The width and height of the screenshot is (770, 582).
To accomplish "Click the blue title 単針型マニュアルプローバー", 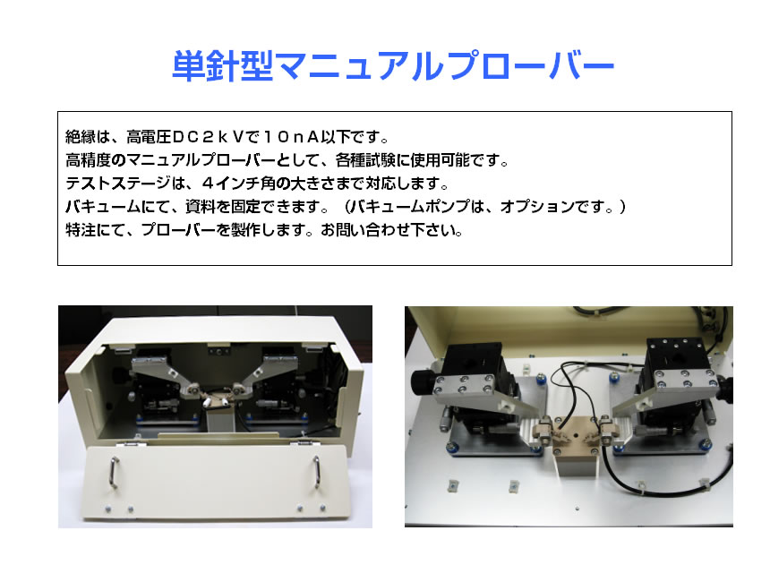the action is (x=393, y=65).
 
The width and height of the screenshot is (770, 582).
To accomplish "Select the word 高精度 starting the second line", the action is (x=89, y=159).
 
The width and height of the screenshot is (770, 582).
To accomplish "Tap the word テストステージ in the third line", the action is (x=118, y=184).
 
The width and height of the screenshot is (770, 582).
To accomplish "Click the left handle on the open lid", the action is (x=114, y=473).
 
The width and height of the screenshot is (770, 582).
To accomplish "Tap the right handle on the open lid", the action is (x=317, y=472).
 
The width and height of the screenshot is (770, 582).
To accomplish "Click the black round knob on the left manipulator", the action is (x=422, y=381).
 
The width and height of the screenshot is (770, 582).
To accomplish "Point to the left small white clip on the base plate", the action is (x=451, y=486).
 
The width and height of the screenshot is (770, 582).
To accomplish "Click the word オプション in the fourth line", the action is (x=537, y=206).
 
